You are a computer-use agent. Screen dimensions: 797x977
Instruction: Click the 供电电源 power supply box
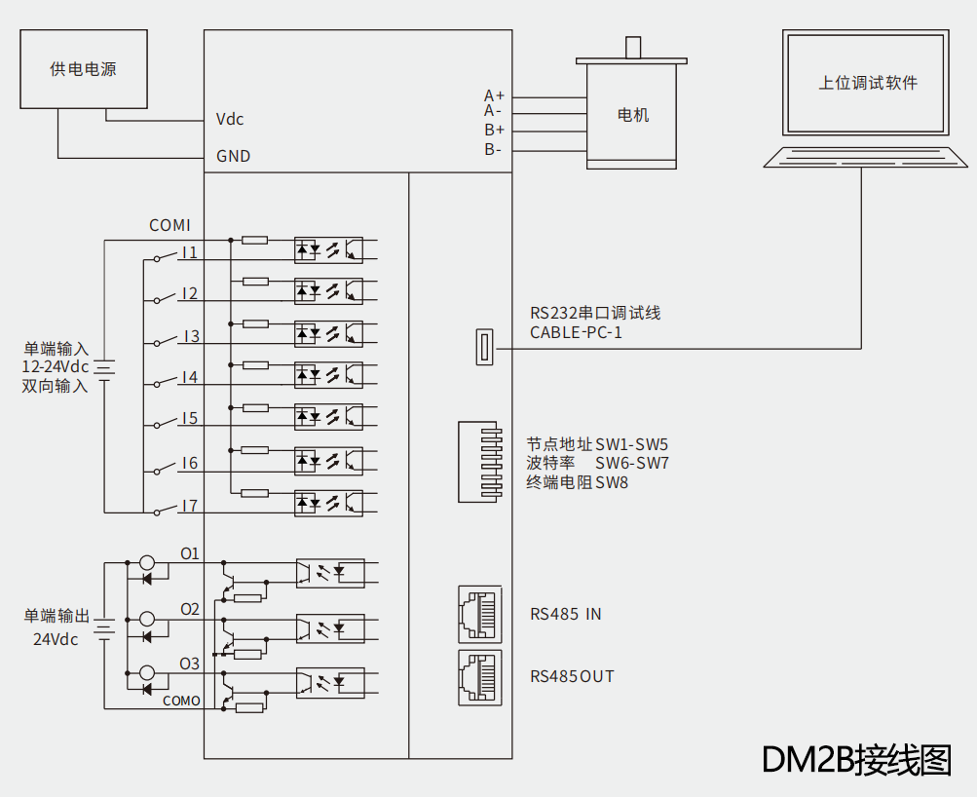tap(84, 68)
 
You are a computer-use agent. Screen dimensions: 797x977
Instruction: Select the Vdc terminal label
tap(230, 120)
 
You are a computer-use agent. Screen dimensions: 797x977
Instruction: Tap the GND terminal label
tap(233, 156)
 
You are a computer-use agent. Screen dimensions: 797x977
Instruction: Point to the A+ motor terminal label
tap(494, 95)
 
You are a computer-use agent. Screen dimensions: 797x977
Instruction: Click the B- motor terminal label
tap(493, 149)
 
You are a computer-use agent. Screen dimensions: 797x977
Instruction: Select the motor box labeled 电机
tap(633, 115)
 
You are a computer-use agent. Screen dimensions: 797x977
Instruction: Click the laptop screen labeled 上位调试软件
tap(867, 83)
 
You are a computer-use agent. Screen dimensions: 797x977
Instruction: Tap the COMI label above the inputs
tap(169, 225)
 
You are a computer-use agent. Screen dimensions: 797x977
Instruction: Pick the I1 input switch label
tap(189, 253)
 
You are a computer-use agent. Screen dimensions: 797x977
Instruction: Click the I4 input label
tap(189, 377)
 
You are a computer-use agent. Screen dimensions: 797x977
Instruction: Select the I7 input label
tap(189, 506)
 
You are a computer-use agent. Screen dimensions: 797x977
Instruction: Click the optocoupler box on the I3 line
tap(328, 334)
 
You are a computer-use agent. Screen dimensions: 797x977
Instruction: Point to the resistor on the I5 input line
tap(255, 407)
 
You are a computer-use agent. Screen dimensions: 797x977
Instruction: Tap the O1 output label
tap(189, 553)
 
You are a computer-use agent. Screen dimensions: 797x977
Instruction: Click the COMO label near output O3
tap(181, 701)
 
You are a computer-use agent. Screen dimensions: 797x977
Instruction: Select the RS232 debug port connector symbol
tap(483, 348)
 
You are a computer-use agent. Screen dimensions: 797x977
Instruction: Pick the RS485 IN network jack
tap(479, 614)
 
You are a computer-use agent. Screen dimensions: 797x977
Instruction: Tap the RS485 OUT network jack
tap(479, 677)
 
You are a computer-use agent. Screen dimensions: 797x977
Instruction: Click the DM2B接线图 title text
tap(856, 759)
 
